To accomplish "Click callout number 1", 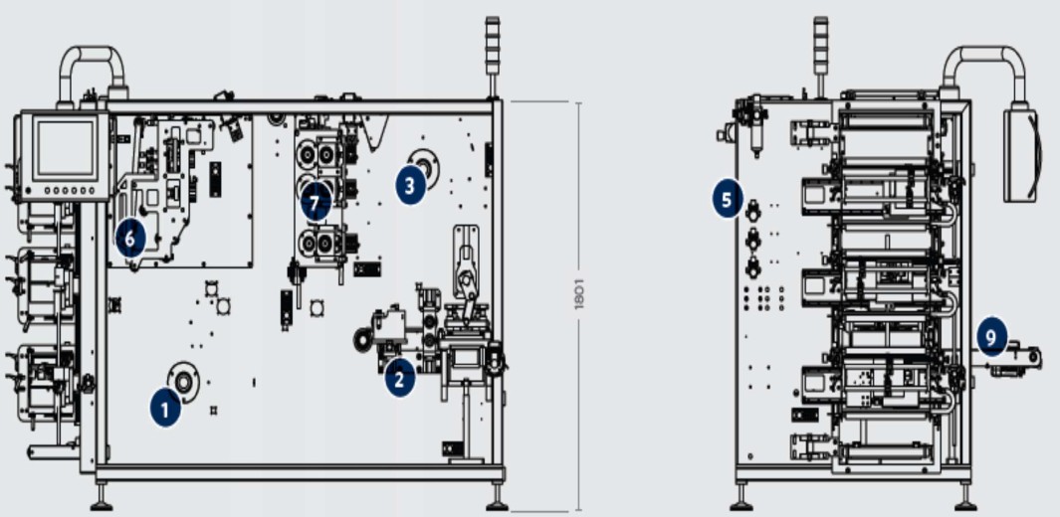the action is pos(165,409).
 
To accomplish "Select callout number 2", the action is pos(399,379).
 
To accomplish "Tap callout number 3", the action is pos(410,185).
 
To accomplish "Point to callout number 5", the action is pos(727,200).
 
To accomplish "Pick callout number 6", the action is pos(130,239).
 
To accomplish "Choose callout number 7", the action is pos(316,203).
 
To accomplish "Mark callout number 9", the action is pos(991,335).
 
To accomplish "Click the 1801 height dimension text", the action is pos(578,293).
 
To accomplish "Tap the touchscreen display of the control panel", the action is pos(66,149).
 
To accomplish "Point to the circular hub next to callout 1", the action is pos(183,382).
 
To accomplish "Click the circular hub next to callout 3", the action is pos(426,165).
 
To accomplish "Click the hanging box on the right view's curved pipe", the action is pos(1021,155).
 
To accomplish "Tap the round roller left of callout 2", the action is pos(363,339).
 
